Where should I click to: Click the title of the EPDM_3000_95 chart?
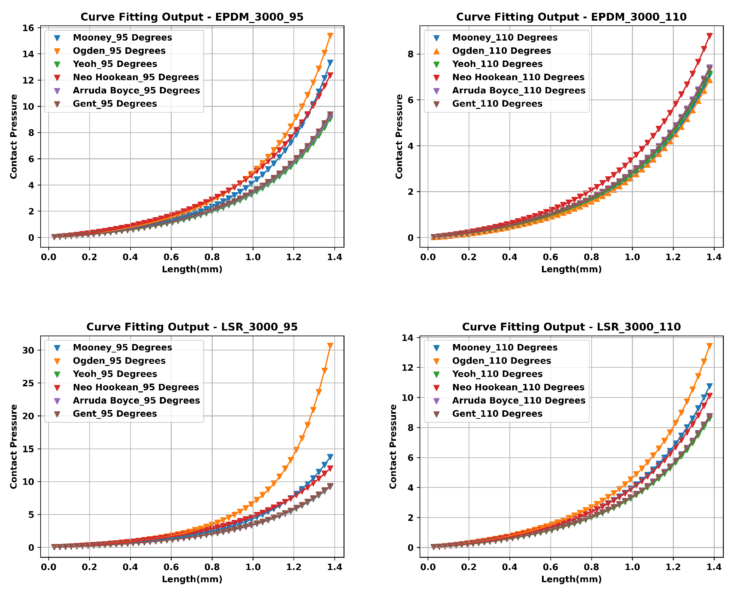192,17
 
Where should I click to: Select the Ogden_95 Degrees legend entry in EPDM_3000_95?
119,50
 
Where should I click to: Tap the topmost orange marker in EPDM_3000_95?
330,36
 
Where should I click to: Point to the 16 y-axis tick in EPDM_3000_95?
29,28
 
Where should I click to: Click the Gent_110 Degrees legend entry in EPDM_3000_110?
497,104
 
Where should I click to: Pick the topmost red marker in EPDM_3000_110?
709,36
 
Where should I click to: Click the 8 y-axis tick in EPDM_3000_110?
410,54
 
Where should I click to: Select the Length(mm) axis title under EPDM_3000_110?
571,269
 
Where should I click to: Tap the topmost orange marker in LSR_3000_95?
330,346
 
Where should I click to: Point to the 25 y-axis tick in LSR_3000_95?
29,383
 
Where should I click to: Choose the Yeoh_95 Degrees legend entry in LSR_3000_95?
115,374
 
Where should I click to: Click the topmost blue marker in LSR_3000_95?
330,457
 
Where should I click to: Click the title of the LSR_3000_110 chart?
571,327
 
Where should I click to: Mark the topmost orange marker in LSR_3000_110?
709,346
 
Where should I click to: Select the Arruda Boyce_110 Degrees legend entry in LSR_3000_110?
519,400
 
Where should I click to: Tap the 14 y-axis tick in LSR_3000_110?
408,338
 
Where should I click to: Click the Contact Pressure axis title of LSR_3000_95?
13,447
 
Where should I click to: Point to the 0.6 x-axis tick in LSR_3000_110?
550,567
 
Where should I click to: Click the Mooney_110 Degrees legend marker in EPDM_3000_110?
436,38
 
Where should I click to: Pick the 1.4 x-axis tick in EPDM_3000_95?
335,257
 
